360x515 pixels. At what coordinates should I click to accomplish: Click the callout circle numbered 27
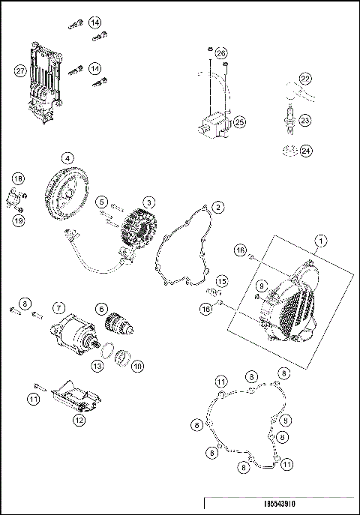[x=20, y=70]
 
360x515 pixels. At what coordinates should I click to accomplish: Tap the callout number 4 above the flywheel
[x=67, y=158]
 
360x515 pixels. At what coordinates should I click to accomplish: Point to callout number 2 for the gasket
[x=217, y=205]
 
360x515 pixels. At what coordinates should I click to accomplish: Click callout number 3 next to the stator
[x=150, y=202]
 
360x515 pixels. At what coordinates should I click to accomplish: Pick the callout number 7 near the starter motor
[x=58, y=307]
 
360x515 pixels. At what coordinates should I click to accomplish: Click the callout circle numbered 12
[x=79, y=421]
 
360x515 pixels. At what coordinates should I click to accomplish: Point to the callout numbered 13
[x=97, y=365]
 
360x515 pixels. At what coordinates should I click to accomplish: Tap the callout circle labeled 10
[x=137, y=366]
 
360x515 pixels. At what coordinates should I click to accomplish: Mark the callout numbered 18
[x=19, y=178]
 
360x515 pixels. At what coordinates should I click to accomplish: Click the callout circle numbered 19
[x=19, y=220]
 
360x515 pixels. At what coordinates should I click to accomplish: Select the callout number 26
[x=220, y=53]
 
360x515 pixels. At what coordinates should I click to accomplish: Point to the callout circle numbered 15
[x=221, y=281]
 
